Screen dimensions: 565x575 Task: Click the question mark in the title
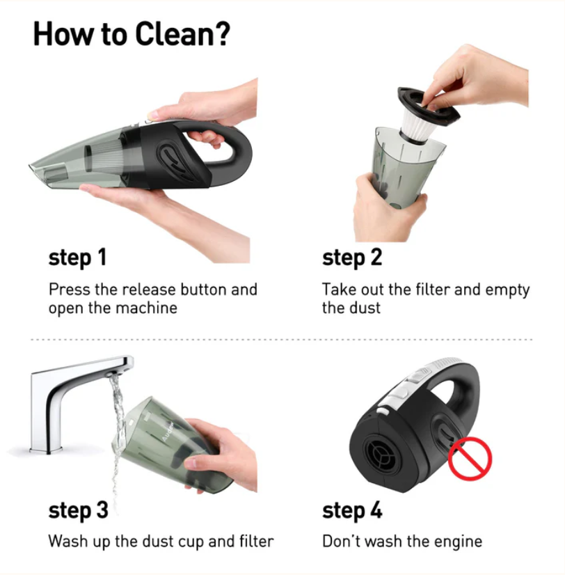[x=222, y=33]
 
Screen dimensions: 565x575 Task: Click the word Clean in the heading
[x=174, y=33]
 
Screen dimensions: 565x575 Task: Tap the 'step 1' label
[x=78, y=258]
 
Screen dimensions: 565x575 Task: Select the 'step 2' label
[x=352, y=258]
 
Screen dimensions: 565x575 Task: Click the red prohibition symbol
[x=470, y=458]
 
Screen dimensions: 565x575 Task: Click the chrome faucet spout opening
[x=117, y=374]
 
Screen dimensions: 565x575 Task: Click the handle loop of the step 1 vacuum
[x=234, y=153]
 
